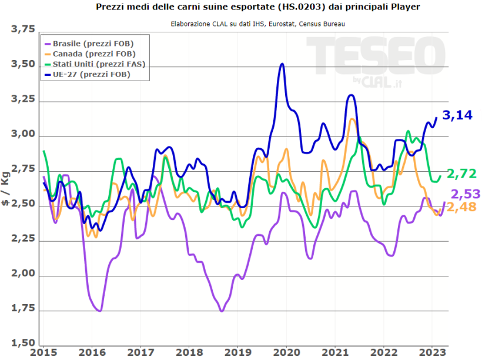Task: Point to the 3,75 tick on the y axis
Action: click(23, 30)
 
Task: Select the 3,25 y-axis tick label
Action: click(23, 101)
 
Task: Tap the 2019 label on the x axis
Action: click(236, 352)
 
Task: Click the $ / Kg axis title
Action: click(6, 188)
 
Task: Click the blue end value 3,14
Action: click(457, 115)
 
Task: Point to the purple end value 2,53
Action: click(466, 194)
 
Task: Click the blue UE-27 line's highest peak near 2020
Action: click(283, 64)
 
